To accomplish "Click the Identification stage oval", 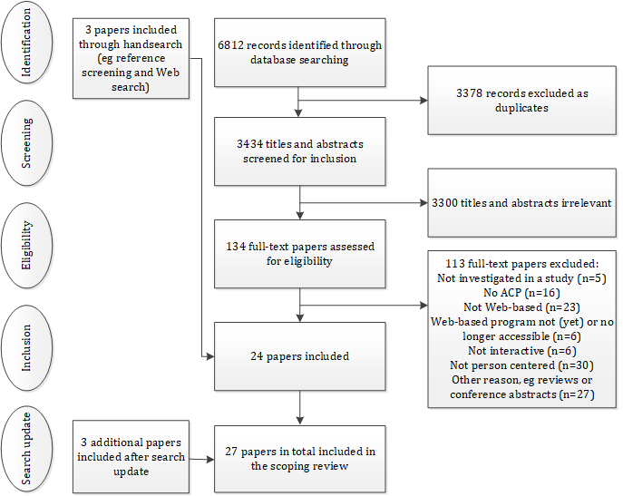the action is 26,42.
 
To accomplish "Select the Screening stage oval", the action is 26,143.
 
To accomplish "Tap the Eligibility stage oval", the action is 26,246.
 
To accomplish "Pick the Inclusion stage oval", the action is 26,348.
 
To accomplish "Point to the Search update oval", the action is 26,449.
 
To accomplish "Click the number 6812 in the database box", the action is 230,45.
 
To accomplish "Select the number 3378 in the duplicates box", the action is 469,93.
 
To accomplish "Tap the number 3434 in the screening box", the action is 250,144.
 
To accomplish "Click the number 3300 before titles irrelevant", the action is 445,203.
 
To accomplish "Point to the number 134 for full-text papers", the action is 236,247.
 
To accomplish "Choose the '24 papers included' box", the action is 300,356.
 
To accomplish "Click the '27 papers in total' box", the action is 300,459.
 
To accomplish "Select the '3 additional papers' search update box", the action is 131,457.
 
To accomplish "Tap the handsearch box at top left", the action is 131,58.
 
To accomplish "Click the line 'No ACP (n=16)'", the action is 521,293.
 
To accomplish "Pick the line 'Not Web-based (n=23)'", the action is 521,307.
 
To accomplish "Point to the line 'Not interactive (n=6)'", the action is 521,351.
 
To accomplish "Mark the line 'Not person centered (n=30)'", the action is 521,365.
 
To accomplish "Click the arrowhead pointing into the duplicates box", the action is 423,100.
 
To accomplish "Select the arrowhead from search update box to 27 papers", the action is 210,460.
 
